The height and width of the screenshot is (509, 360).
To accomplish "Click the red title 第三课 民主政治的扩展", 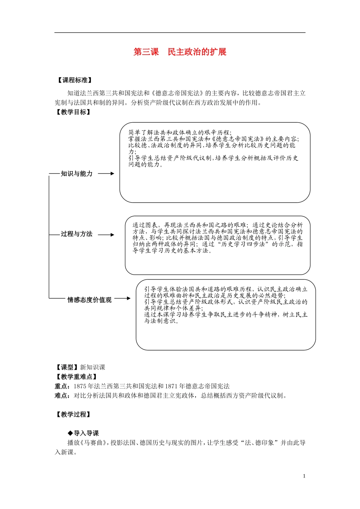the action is (180, 52).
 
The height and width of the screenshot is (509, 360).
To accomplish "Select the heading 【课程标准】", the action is (74, 80).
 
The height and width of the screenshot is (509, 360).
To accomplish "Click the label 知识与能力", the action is (77, 174).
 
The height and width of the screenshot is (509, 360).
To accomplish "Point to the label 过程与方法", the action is (77, 234).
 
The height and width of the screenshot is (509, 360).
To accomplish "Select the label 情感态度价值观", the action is (89, 300).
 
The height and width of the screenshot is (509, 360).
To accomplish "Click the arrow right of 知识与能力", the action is (106, 173).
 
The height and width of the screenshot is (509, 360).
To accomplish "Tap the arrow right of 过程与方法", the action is (106, 235).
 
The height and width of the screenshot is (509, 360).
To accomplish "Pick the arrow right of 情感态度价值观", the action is (122, 298).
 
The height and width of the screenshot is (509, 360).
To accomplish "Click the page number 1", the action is (304, 476).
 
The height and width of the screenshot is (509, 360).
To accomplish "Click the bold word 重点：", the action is (63, 386).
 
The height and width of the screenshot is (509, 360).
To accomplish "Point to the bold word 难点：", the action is (63, 396).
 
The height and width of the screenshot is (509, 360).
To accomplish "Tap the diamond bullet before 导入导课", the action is (70, 433).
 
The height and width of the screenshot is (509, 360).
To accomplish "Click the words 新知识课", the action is (92, 367).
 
